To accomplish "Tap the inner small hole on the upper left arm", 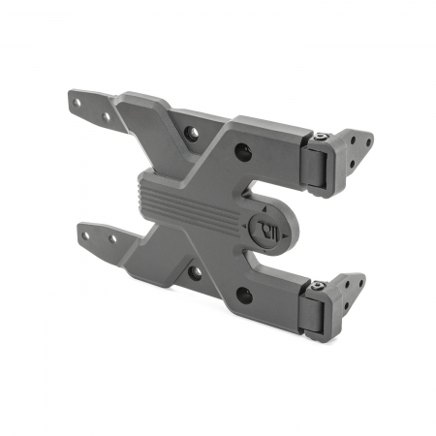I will point(106,117).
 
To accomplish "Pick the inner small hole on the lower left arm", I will point(112,238).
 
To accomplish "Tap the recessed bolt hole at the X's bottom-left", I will point(194,273).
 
